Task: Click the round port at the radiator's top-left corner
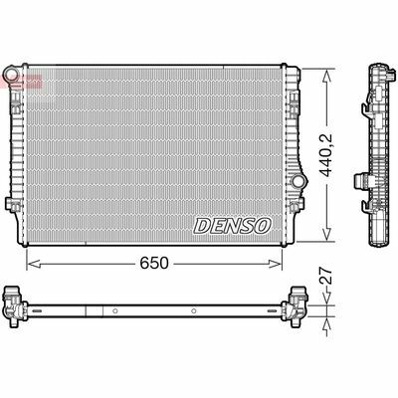click(x=11, y=77)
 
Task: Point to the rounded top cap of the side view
click(x=377, y=69)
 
